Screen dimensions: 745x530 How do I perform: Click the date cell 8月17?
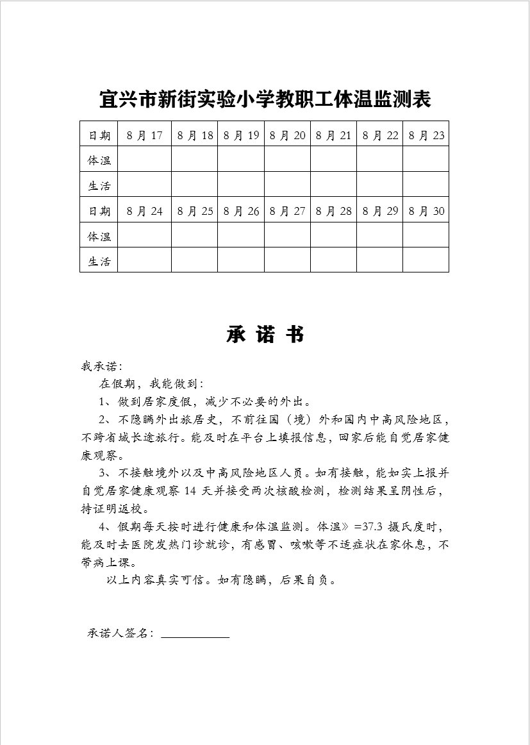click(x=144, y=135)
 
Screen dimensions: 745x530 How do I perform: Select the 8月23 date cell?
click(x=426, y=135)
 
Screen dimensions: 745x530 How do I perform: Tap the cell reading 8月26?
click(x=241, y=211)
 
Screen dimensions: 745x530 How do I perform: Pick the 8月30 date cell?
click(x=426, y=211)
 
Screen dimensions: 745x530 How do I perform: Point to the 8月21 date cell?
click(x=334, y=135)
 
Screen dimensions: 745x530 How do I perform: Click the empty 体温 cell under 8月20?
click(x=288, y=160)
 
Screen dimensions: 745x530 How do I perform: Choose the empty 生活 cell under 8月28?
click(x=334, y=260)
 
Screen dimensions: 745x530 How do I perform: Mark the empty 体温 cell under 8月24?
click(x=144, y=235)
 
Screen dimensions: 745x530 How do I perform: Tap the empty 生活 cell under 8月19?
click(x=241, y=185)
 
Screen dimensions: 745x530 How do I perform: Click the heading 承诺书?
click(x=265, y=335)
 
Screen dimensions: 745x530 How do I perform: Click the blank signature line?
click(x=195, y=635)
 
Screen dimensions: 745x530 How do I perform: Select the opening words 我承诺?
click(x=99, y=367)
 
